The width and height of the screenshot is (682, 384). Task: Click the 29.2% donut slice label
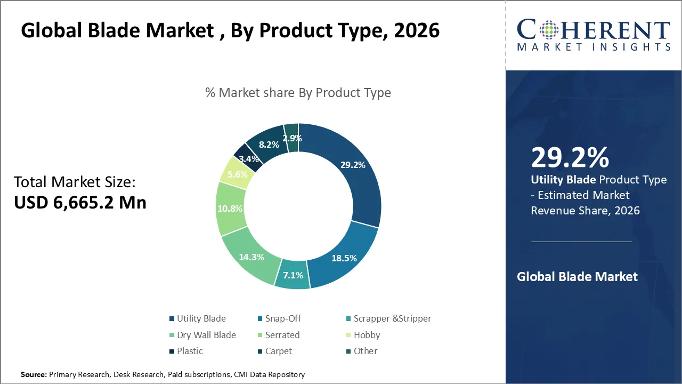click(x=353, y=165)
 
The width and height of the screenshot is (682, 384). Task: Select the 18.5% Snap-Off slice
click(x=343, y=258)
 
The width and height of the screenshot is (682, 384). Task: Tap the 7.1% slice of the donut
click(x=293, y=275)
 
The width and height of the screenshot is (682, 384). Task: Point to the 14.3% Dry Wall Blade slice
click(x=251, y=257)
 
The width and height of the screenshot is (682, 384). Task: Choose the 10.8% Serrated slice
click(x=230, y=209)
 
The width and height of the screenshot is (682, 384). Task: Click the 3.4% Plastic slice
click(x=248, y=158)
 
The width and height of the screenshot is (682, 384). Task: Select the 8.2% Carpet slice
click(x=269, y=144)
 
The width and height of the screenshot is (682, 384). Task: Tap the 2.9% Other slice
click(x=292, y=138)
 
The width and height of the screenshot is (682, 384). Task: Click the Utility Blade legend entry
click(x=201, y=318)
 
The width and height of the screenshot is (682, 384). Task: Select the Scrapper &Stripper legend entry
click(x=392, y=318)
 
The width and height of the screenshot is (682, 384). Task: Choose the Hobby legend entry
click(x=367, y=335)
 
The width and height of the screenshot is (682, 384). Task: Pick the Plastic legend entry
click(x=190, y=351)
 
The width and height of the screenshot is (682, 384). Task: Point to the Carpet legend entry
click(x=278, y=351)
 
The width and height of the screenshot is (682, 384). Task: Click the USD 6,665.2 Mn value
click(x=80, y=202)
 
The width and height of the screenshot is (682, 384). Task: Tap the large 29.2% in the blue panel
click(x=570, y=158)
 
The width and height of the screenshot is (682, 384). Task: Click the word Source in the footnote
click(x=34, y=375)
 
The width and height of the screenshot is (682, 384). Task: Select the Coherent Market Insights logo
click(x=593, y=35)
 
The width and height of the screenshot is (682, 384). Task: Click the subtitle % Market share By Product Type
click(x=298, y=93)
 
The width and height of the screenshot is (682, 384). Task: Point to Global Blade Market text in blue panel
click(x=577, y=277)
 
